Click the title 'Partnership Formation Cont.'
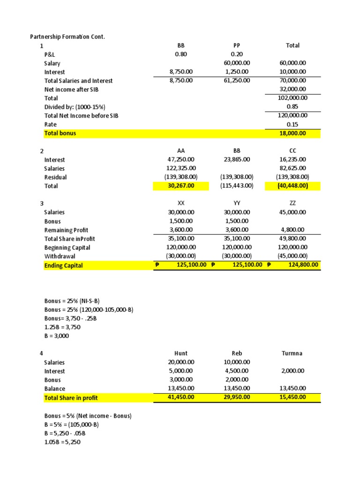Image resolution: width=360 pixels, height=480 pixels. [67, 37]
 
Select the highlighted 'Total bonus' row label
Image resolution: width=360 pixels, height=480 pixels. [60, 133]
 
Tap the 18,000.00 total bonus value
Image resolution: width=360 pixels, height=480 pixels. [292, 133]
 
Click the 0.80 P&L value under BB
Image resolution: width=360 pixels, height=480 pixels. [181, 54]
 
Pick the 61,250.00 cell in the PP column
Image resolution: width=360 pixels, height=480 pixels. [237, 81]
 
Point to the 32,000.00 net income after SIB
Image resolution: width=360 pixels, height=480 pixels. [292, 89]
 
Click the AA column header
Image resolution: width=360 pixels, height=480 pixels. [181, 151]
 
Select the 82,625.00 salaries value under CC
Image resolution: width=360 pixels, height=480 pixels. [292, 168]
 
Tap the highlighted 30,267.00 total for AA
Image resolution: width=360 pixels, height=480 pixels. [181, 186]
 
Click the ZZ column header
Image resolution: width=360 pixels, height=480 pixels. [292, 203]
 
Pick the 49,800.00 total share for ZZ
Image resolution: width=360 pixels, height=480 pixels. [292, 239]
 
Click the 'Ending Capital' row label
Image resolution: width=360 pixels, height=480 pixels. [64, 266]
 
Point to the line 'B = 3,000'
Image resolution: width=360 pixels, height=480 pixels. [57, 336]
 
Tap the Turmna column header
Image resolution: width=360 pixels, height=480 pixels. [292, 353]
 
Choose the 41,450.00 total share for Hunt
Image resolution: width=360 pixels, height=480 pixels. [181, 397]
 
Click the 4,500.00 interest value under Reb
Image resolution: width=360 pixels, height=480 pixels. [237, 371]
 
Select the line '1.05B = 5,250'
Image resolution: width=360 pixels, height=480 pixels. [63, 442]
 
